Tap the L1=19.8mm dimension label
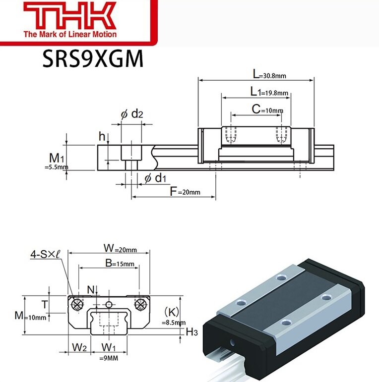(x=268, y=92)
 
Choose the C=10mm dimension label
(x=267, y=109)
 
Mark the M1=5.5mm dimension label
(x=56, y=161)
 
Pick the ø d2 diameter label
(x=131, y=114)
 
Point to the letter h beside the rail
(x=102, y=136)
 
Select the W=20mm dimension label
(x=119, y=247)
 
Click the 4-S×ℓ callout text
(x=45, y=255)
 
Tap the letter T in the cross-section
(x=44, y=304)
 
